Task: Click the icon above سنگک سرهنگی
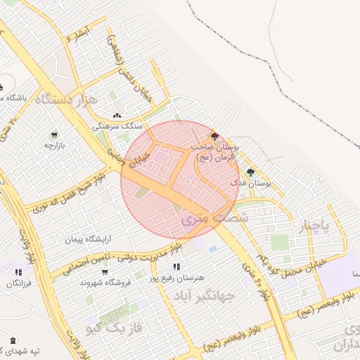point(117,116)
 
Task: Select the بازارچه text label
point(54,145)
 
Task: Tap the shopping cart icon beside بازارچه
point(53,134)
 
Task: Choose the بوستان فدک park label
point(250,183)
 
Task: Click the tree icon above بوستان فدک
point(250,172)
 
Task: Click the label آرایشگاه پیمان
point(89,240)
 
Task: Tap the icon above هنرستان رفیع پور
point(176,266)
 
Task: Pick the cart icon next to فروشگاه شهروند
point(105,272)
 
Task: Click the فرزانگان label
point(19,283)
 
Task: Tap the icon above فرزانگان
point(18,272)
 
